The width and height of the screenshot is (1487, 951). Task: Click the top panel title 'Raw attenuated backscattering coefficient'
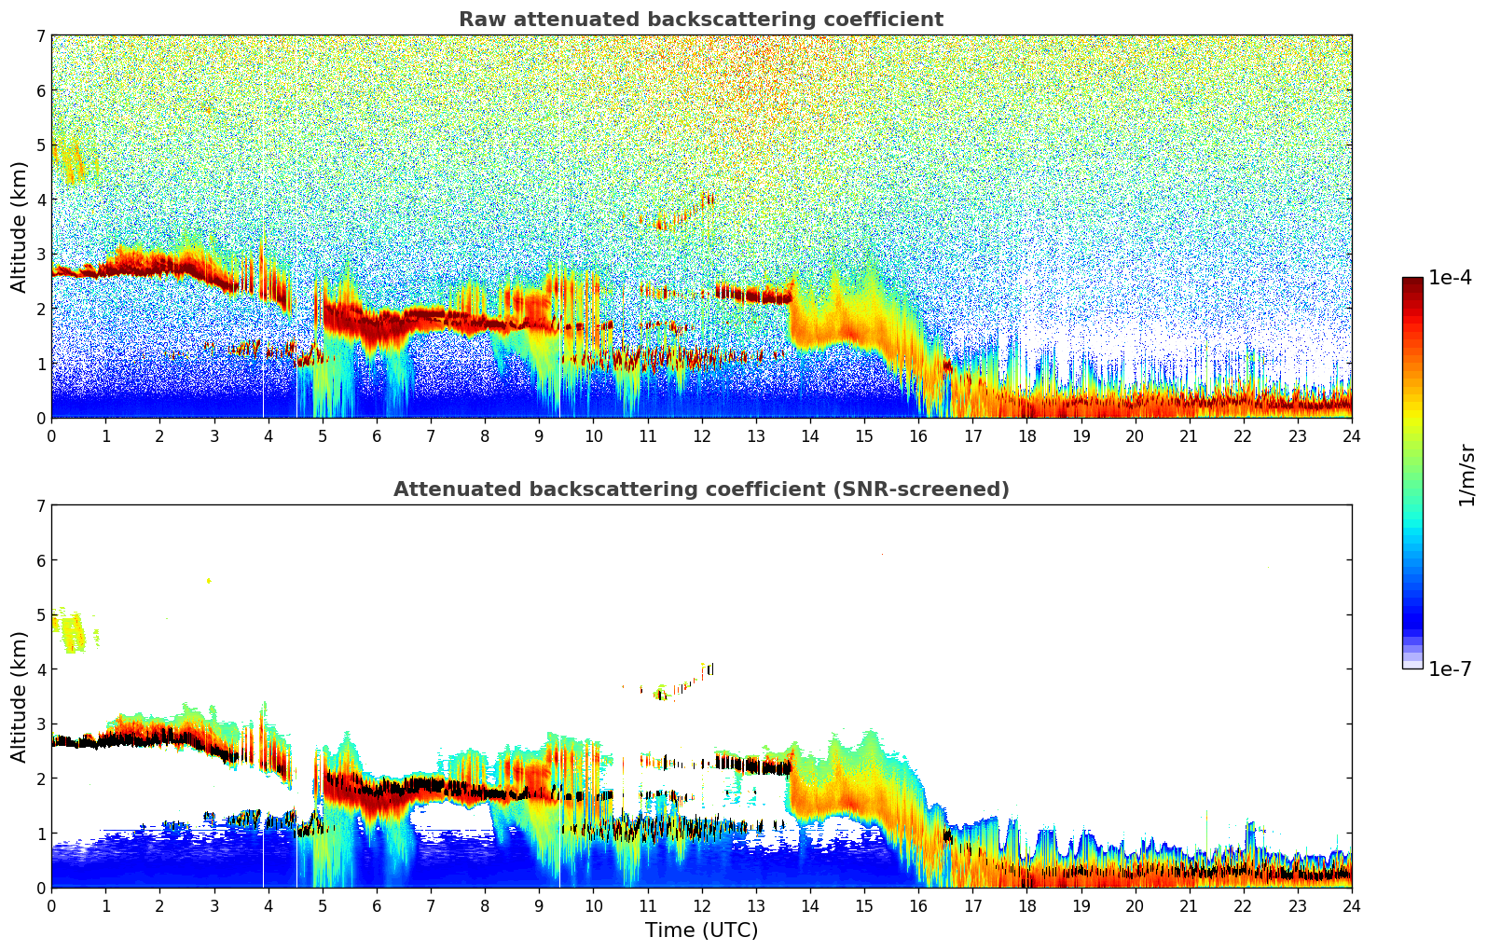click(700, 20)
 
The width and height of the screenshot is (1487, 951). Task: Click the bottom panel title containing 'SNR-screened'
click(700, 489)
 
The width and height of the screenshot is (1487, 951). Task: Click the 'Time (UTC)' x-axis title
click(701, 930)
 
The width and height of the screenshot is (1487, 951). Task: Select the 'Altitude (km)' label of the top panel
click(19, 227)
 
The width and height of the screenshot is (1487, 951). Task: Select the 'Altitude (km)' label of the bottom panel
click(19, 696)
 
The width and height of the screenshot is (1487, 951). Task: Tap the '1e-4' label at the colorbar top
click(1450, 278)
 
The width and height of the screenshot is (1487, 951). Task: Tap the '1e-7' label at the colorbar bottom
click(1450, 668)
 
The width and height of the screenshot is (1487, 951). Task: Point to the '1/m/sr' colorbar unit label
click(1467, 474)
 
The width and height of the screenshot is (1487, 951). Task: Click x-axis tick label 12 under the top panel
click(701, 435)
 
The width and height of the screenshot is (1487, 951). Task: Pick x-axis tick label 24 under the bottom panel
click(1351, 905)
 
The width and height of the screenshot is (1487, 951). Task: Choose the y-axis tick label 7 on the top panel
click(40, 36)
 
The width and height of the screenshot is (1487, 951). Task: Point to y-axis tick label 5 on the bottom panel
click(40, 614)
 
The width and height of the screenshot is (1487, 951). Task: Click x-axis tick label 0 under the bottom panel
click(51, 905)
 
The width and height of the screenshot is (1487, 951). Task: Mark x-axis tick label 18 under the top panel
click(1026, 435)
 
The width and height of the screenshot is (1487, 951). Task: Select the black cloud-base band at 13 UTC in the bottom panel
click(755, 767)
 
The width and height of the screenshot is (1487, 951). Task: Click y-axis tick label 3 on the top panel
click(40, 254)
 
